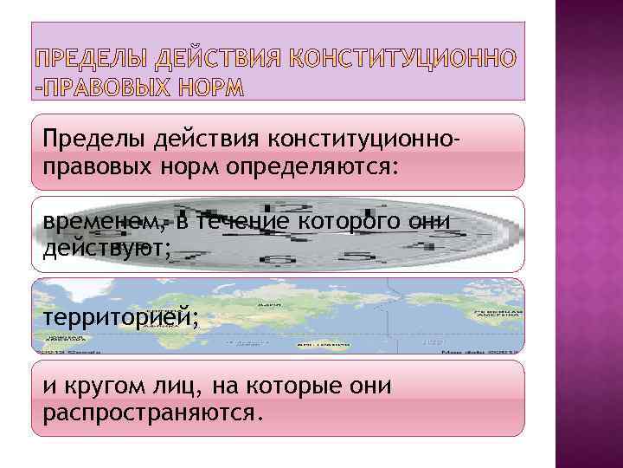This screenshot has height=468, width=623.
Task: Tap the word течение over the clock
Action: [x=243, y=222]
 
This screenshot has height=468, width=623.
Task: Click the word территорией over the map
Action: [x=120, y=317]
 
